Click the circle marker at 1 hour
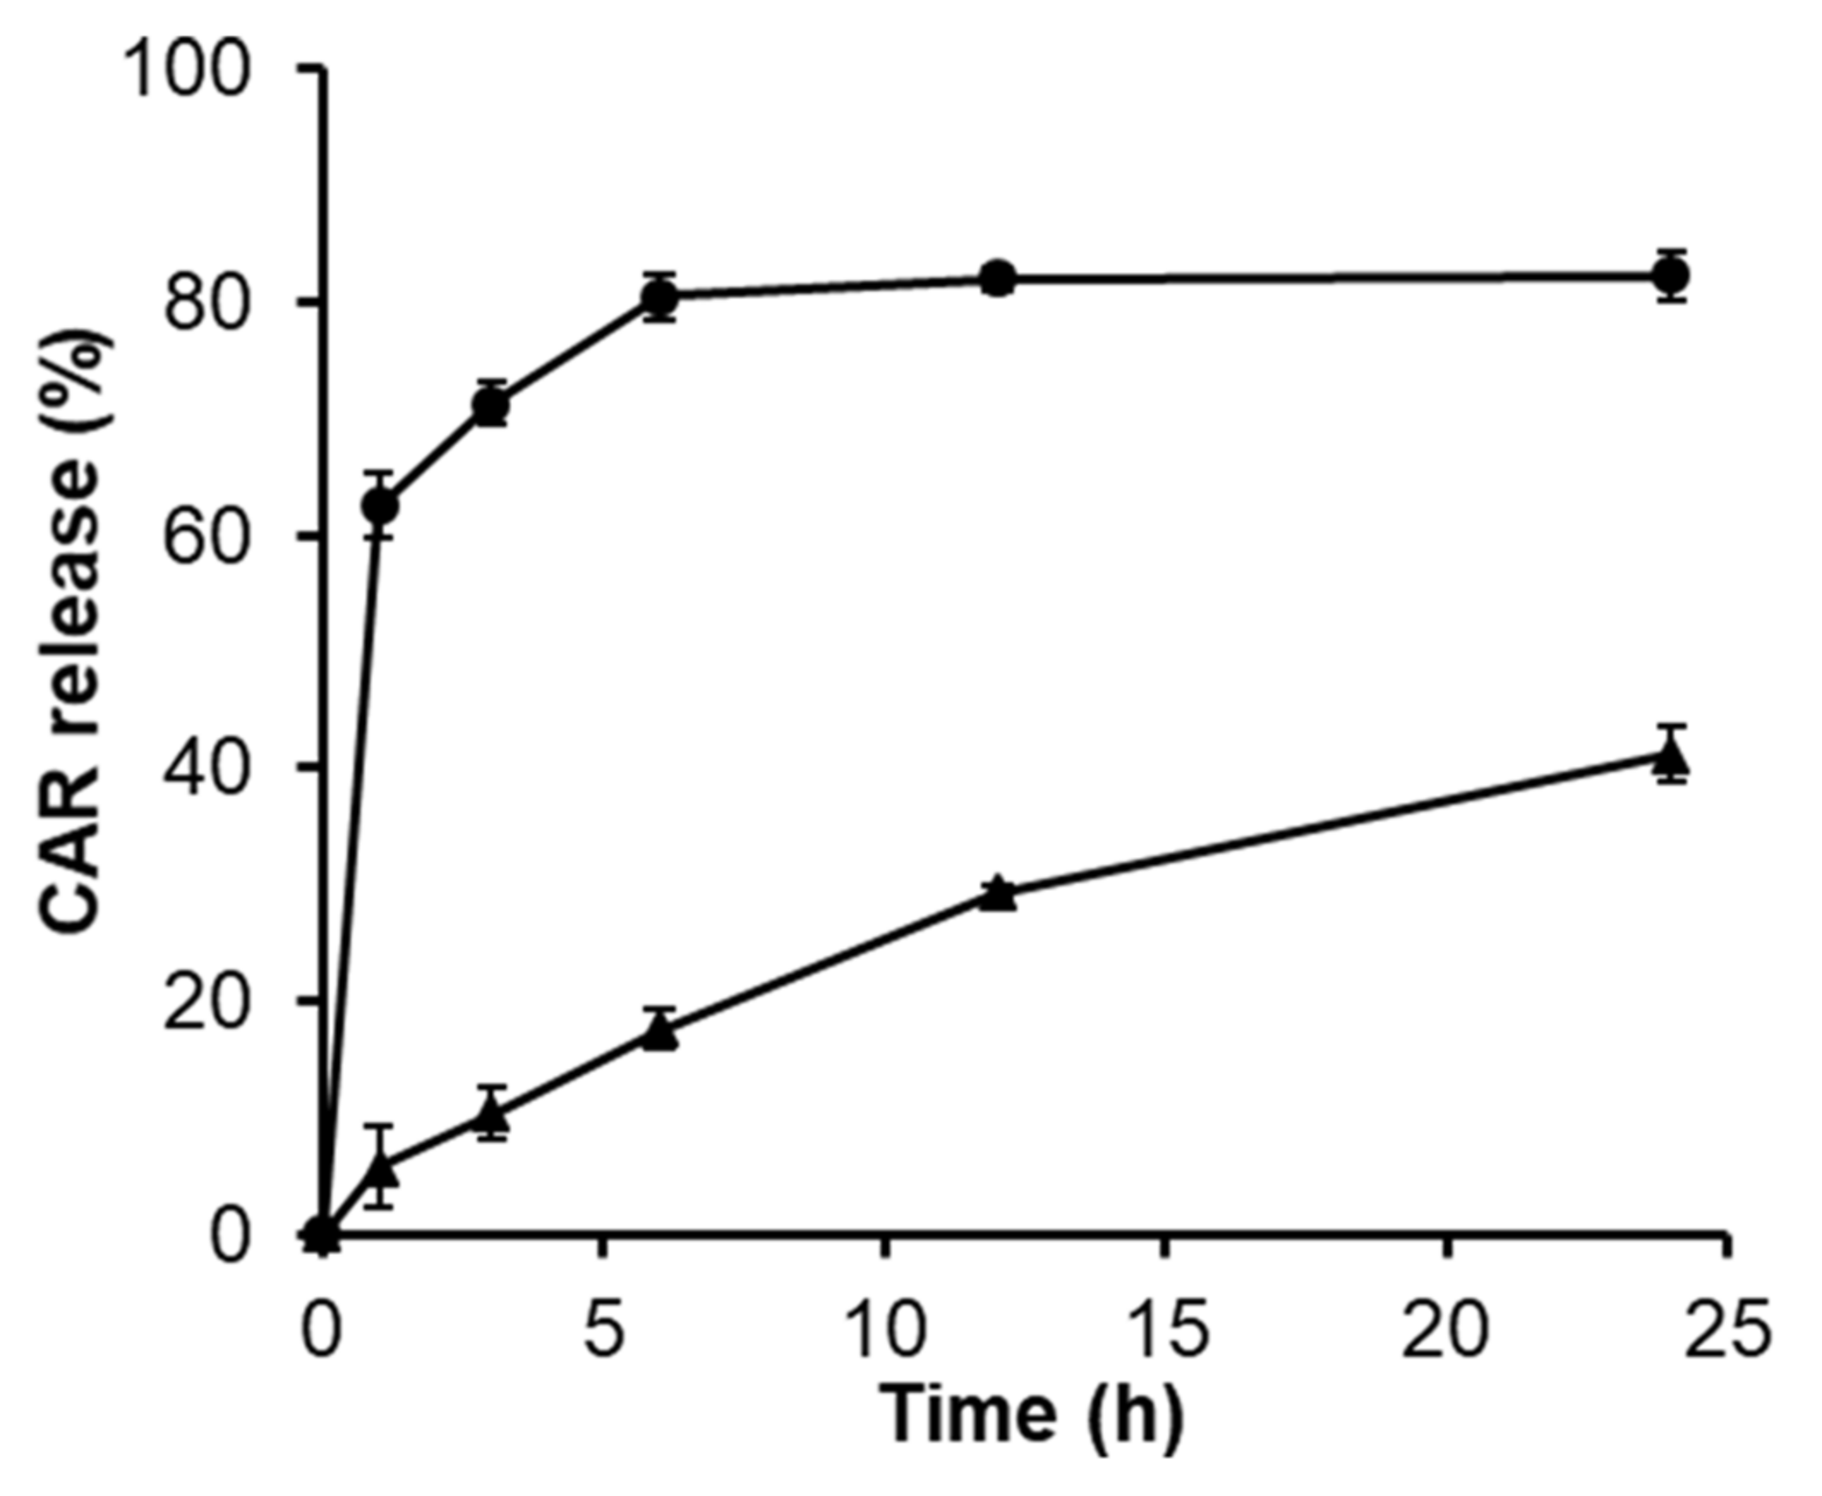tap(380, 506)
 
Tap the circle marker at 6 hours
tap(661, 298)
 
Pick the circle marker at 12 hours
tap(997, 278)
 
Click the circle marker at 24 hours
tap(1672, 275)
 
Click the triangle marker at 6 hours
tap(661, 1032)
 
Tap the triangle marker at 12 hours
tap(997, 894)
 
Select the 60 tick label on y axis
tap(207, 535)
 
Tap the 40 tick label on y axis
tap(207, 767)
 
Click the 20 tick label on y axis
tap(207, 1001)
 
